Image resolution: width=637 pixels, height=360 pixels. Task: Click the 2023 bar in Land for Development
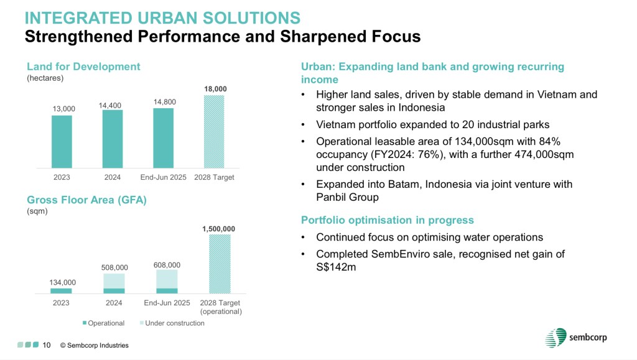(x=62, y=142)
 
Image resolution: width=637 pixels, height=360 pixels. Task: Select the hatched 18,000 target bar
(x=214, y=131)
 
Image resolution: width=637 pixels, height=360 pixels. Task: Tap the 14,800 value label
(x=164, y=102)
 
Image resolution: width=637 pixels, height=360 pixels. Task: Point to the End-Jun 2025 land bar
(x=164, y=138)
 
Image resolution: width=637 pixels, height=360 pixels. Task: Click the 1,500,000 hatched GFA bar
(x=220, y=264)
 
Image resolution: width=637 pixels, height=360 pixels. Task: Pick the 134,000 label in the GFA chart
(x=63, y=282)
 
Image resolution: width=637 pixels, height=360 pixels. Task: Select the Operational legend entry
(x=103, y=323)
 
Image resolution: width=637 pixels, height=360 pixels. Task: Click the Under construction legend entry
(x=172, y=323)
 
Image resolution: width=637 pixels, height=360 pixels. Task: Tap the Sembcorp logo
(x=576, y=338)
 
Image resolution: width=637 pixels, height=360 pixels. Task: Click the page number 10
(x=47, y=345)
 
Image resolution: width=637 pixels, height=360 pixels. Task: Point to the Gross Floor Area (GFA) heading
(x=86, y=200)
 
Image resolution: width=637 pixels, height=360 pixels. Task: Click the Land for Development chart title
(x=83, y=67)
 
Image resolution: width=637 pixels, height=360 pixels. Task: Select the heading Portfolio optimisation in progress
(x=387, y=220)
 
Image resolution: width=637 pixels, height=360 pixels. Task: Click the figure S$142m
(x=336, y=267)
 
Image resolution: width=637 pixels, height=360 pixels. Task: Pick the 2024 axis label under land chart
(x=113, y=177)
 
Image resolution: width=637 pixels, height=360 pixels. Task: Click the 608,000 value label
(x=167, y=265)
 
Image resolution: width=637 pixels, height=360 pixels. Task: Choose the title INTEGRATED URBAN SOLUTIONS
(x=162, y=18)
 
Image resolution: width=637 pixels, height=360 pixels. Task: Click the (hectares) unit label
(x=45, y=78)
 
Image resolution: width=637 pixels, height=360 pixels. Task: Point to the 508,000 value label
(x=114, y=267)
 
